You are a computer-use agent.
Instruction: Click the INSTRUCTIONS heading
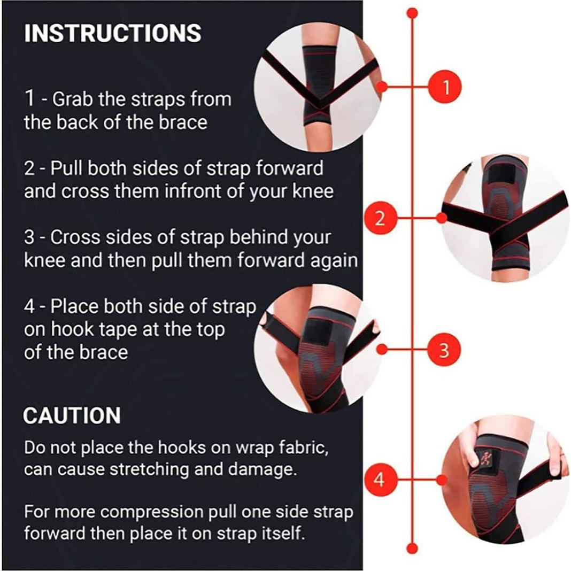[x=113, y=33]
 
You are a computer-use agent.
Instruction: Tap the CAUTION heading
[x=72, y=416]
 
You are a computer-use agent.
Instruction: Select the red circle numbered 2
[x=379, y=218]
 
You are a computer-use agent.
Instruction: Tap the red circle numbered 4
[x=379, y=480]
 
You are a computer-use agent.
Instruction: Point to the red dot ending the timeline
[x=412, y=548]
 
